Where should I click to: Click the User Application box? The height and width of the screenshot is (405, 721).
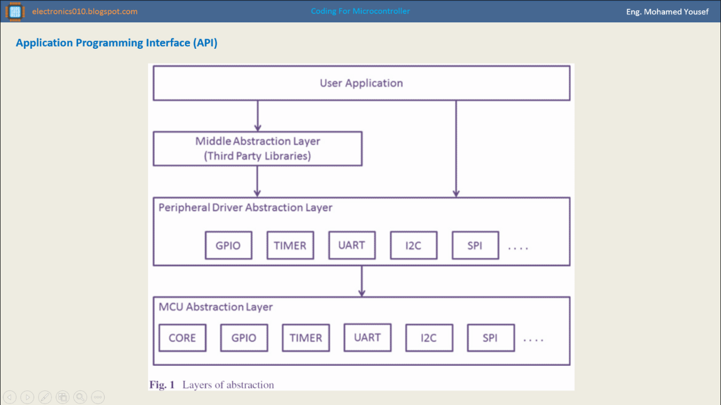click(x=361, y=83)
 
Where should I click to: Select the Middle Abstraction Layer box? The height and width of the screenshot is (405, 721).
click(x=257, y=148)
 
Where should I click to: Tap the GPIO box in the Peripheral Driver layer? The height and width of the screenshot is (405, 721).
click(x=228, y=245)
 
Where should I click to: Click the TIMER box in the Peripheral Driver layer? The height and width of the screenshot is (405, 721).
click(x=291, y=245)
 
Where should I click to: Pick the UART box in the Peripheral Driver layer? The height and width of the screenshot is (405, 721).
click(x=352, y=245)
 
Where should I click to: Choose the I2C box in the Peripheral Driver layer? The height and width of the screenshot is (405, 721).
click(x=414, y=245)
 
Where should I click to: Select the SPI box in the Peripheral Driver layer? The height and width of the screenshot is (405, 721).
click(x=475, y=245)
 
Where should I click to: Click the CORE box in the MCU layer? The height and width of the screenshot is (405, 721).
click(x=182, y=338)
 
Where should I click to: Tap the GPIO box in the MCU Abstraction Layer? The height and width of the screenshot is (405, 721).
click(x=244, y=338)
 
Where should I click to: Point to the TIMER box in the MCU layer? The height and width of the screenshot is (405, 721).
click(x=306, y=338)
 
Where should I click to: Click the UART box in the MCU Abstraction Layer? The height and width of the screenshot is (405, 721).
click(x=368, y=337)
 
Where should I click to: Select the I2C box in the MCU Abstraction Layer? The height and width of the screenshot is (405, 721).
click(x=429, y=338)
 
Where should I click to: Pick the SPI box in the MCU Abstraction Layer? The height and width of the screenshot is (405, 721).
click(x=491, y=338)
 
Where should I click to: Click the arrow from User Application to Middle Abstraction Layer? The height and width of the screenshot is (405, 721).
click(x=257, y=116)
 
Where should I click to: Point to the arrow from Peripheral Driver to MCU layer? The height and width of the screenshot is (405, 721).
click(x=362, y=281)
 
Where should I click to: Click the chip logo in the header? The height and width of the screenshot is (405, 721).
click(x=15, y=12)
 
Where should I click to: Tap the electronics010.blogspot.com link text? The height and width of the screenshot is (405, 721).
click(x=85, y=11)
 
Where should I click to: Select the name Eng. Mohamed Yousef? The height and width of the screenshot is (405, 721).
click(x=667, y=12)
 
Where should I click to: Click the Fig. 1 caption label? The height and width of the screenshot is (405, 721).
click(x=162, y=385)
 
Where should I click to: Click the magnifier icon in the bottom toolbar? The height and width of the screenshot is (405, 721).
click(x=80, y=397)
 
